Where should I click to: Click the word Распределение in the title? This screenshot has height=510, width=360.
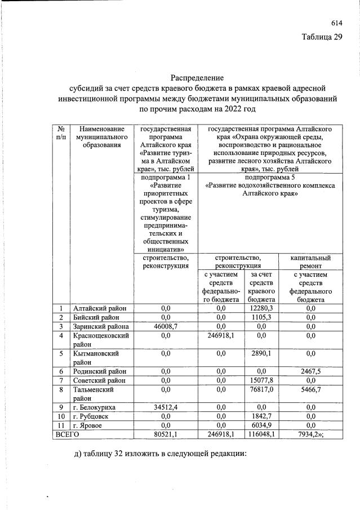tap(197, 77)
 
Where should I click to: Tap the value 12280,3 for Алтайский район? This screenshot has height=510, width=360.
tap(262, 308)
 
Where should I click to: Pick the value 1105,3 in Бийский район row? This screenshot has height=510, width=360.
tap(262, 317)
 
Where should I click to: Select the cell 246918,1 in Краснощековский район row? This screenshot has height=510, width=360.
tap(221, 335)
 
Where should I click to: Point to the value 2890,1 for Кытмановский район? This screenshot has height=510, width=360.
tap(262, 353)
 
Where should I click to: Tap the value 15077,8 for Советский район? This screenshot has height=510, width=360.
tap(262, 380)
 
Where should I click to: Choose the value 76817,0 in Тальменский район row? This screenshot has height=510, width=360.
tap(262, 389)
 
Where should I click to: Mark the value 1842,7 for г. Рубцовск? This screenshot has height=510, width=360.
tap(262, 416)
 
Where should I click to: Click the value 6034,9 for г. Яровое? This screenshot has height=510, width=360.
tap(262, 425)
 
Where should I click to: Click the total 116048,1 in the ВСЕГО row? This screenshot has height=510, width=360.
tap(262, 434)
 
